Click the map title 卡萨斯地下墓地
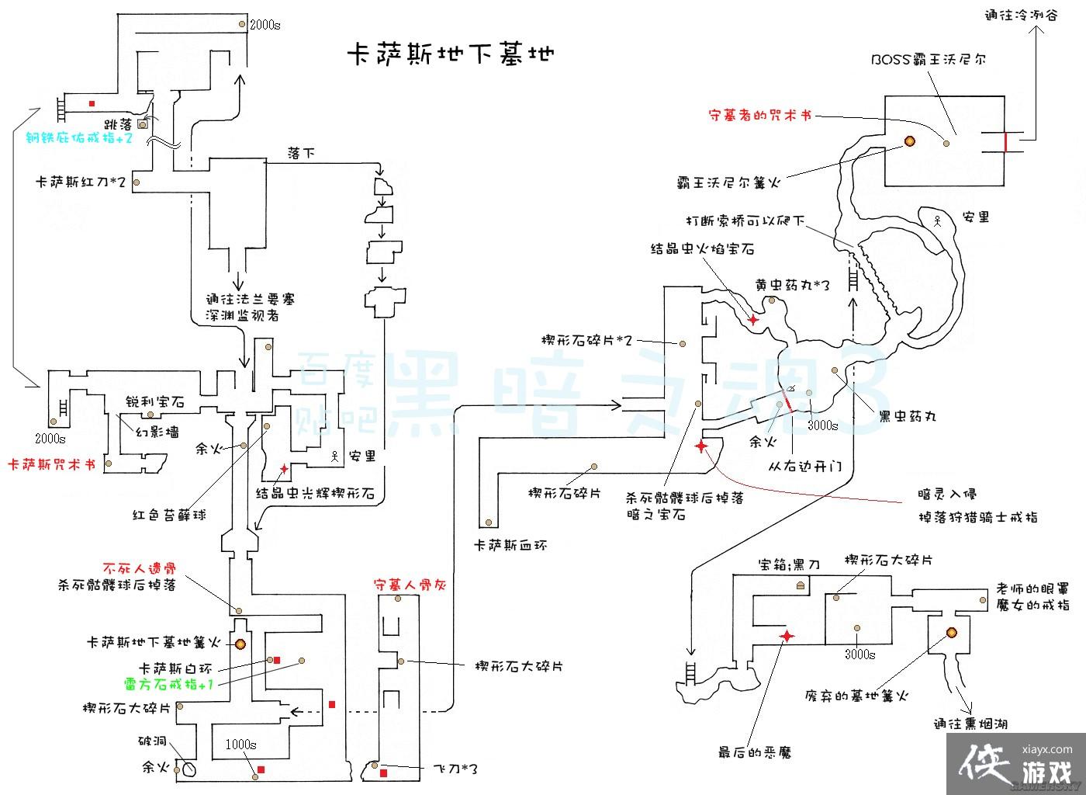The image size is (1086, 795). coord(450,55)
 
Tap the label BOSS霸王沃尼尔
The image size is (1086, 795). coord(929,59)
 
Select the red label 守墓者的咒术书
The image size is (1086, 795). coord(760,116)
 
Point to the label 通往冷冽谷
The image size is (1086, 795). coord(1021,14)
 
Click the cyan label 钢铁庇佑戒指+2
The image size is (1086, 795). coord(79,138)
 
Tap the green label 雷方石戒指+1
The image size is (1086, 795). coord(168,685)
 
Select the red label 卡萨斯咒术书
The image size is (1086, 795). coord(51,464)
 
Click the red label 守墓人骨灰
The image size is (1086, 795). coord(408,584)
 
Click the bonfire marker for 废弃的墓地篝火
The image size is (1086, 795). coord(950,632)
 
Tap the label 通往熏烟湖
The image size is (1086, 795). coord(970,724)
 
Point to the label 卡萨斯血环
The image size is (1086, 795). coord(510,545)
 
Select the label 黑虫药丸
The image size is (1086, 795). coord(908,415)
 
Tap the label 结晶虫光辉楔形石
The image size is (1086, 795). coord(316,493)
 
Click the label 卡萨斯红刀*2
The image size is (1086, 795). coord(81,182)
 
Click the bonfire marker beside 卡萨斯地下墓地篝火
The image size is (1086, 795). coord(240,644)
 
